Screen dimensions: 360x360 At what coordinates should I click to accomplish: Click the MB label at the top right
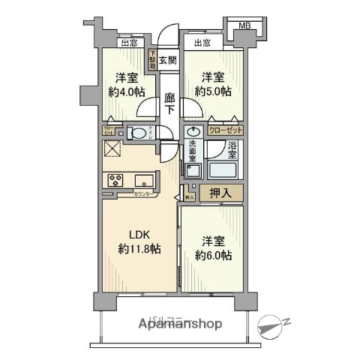[244, 27]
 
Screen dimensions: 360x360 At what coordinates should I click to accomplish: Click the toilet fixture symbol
[139, 133]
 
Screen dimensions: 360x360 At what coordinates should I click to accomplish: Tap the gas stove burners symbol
[116, 180]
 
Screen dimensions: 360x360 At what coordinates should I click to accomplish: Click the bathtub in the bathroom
[225, 169]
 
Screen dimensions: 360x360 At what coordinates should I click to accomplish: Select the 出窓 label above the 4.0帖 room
[118, 43]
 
